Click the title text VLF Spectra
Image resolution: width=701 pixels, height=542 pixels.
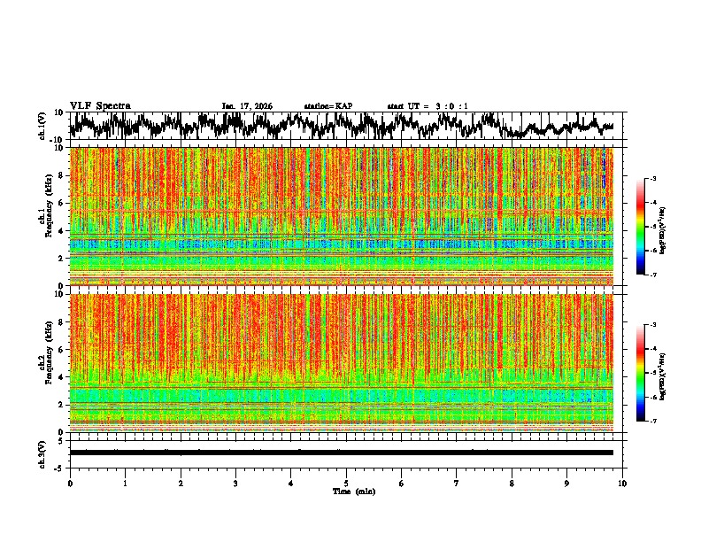click(100, 106)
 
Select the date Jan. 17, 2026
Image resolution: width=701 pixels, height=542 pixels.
click(247, 106)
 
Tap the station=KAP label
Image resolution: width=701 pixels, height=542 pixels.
click(328, 106)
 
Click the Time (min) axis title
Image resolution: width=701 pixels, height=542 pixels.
click(353, 491)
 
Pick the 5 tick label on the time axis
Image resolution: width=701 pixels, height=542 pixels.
click(346, 483)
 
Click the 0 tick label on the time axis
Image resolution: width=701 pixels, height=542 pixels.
click(70, 483)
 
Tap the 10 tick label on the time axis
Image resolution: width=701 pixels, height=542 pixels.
click(622, 483)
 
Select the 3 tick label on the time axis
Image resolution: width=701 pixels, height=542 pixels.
click(235, 483)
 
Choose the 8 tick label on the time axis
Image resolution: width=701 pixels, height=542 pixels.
click(512, 483)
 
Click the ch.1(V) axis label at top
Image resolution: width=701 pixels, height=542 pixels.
click(42, 126)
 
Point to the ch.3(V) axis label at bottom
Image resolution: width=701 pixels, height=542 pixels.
click(42, 453)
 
